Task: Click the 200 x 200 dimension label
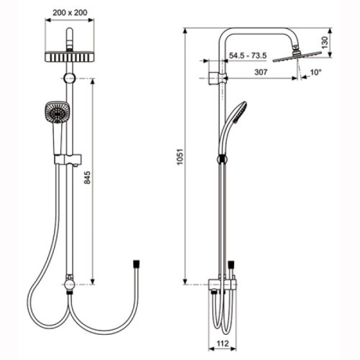click(x=70, y=13)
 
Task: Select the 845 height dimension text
click(x=87, y=178)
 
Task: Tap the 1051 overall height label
click(x=180, y=157)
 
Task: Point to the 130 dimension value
click(x=325, y=43)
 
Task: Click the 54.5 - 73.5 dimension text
click(x=248, y=56)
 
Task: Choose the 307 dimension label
click(x=261, y=72)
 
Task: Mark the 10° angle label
click(x=316, y=73)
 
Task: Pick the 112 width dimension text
click(x=223, y=343)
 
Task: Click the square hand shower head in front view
click(x=57, y=112)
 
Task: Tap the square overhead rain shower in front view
click(x=70, y=57)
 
